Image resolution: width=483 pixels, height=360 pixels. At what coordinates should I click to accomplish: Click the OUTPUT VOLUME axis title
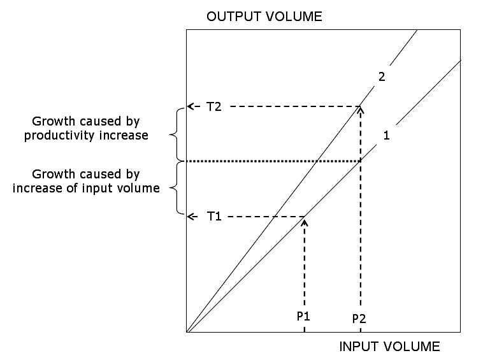click(x=264, y=17)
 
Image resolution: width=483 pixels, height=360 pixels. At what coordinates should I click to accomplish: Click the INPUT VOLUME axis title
click(x=389, y=347)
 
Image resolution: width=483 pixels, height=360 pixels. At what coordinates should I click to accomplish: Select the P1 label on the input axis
click(x=304, y=316)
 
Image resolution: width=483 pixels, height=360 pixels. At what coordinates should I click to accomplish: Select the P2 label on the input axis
click(x=360, y=318)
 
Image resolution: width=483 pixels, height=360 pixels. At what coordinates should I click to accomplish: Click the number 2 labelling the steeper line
click(x=382, y=77)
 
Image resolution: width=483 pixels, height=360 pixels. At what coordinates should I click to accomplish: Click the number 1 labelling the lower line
click(x=386, y=135)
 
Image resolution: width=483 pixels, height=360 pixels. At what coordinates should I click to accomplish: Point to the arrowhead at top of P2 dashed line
click(x=361, y=110)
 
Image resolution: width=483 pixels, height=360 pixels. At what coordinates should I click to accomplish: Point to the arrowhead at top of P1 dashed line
click(x=305, y=221)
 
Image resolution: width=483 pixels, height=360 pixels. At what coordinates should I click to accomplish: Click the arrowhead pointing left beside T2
click(x=191, y=106)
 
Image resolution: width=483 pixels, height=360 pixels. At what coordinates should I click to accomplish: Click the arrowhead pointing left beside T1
click(x=191, y=217)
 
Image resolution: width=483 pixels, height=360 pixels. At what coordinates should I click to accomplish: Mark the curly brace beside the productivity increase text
click(x=175, y=134)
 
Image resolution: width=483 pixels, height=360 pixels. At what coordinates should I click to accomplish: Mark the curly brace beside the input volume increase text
click(x=175, y=189)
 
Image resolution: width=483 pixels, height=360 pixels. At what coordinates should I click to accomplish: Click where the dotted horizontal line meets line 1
click(x=361, y=161)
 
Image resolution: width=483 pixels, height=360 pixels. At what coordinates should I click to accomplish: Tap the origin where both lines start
click(x=187, y=332)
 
